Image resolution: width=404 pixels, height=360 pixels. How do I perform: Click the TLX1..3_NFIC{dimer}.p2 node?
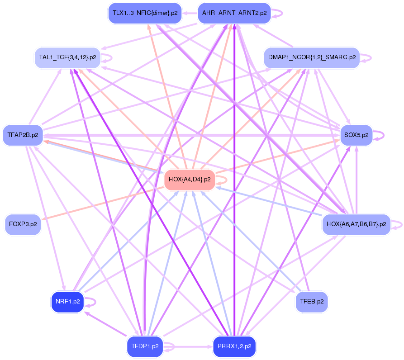[x=145, y=13]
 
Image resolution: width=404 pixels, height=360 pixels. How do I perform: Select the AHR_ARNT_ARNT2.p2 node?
[x=234, y=13]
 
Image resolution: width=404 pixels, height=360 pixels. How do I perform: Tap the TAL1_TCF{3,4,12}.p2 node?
[x=67, y=57]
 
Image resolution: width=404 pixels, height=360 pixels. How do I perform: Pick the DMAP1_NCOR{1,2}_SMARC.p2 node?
[x=312, y=57]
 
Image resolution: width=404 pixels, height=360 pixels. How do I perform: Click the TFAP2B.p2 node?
[x=23, y=135]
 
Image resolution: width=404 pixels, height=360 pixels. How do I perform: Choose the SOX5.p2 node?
[x=356, y=135]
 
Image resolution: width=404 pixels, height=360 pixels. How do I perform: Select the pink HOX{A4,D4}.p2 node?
[x=190, y=180]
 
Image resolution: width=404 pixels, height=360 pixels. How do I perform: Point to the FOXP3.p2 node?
[x=23, y=224]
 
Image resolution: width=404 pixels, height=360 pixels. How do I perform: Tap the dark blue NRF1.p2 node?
[x=67, y=302]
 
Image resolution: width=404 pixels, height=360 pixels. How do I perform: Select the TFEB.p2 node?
[x=312, y=302]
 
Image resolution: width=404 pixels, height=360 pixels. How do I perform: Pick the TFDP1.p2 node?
[x=145, y=346]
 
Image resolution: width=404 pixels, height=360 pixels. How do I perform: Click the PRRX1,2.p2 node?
[x=234, y=346]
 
